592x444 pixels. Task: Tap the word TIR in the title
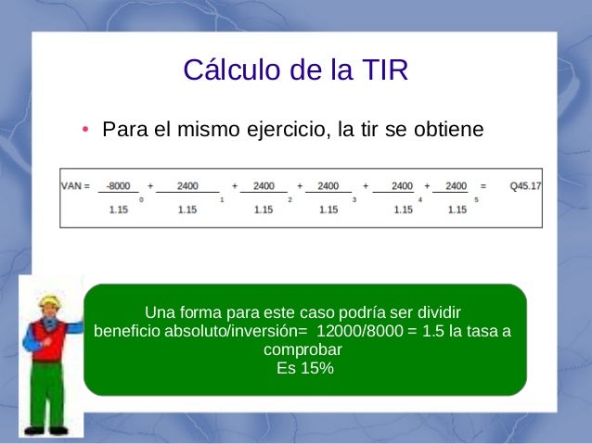380,70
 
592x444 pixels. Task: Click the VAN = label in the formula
74,186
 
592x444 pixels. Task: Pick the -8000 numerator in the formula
118,186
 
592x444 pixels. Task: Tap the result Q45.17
525,186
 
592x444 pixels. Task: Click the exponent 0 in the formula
141,199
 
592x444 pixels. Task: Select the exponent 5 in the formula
476,199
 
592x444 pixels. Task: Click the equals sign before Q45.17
483,186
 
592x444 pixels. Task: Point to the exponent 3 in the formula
355,199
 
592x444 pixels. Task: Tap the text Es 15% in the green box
305,368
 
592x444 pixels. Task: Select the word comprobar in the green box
303,350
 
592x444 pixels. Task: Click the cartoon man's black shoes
45,430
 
